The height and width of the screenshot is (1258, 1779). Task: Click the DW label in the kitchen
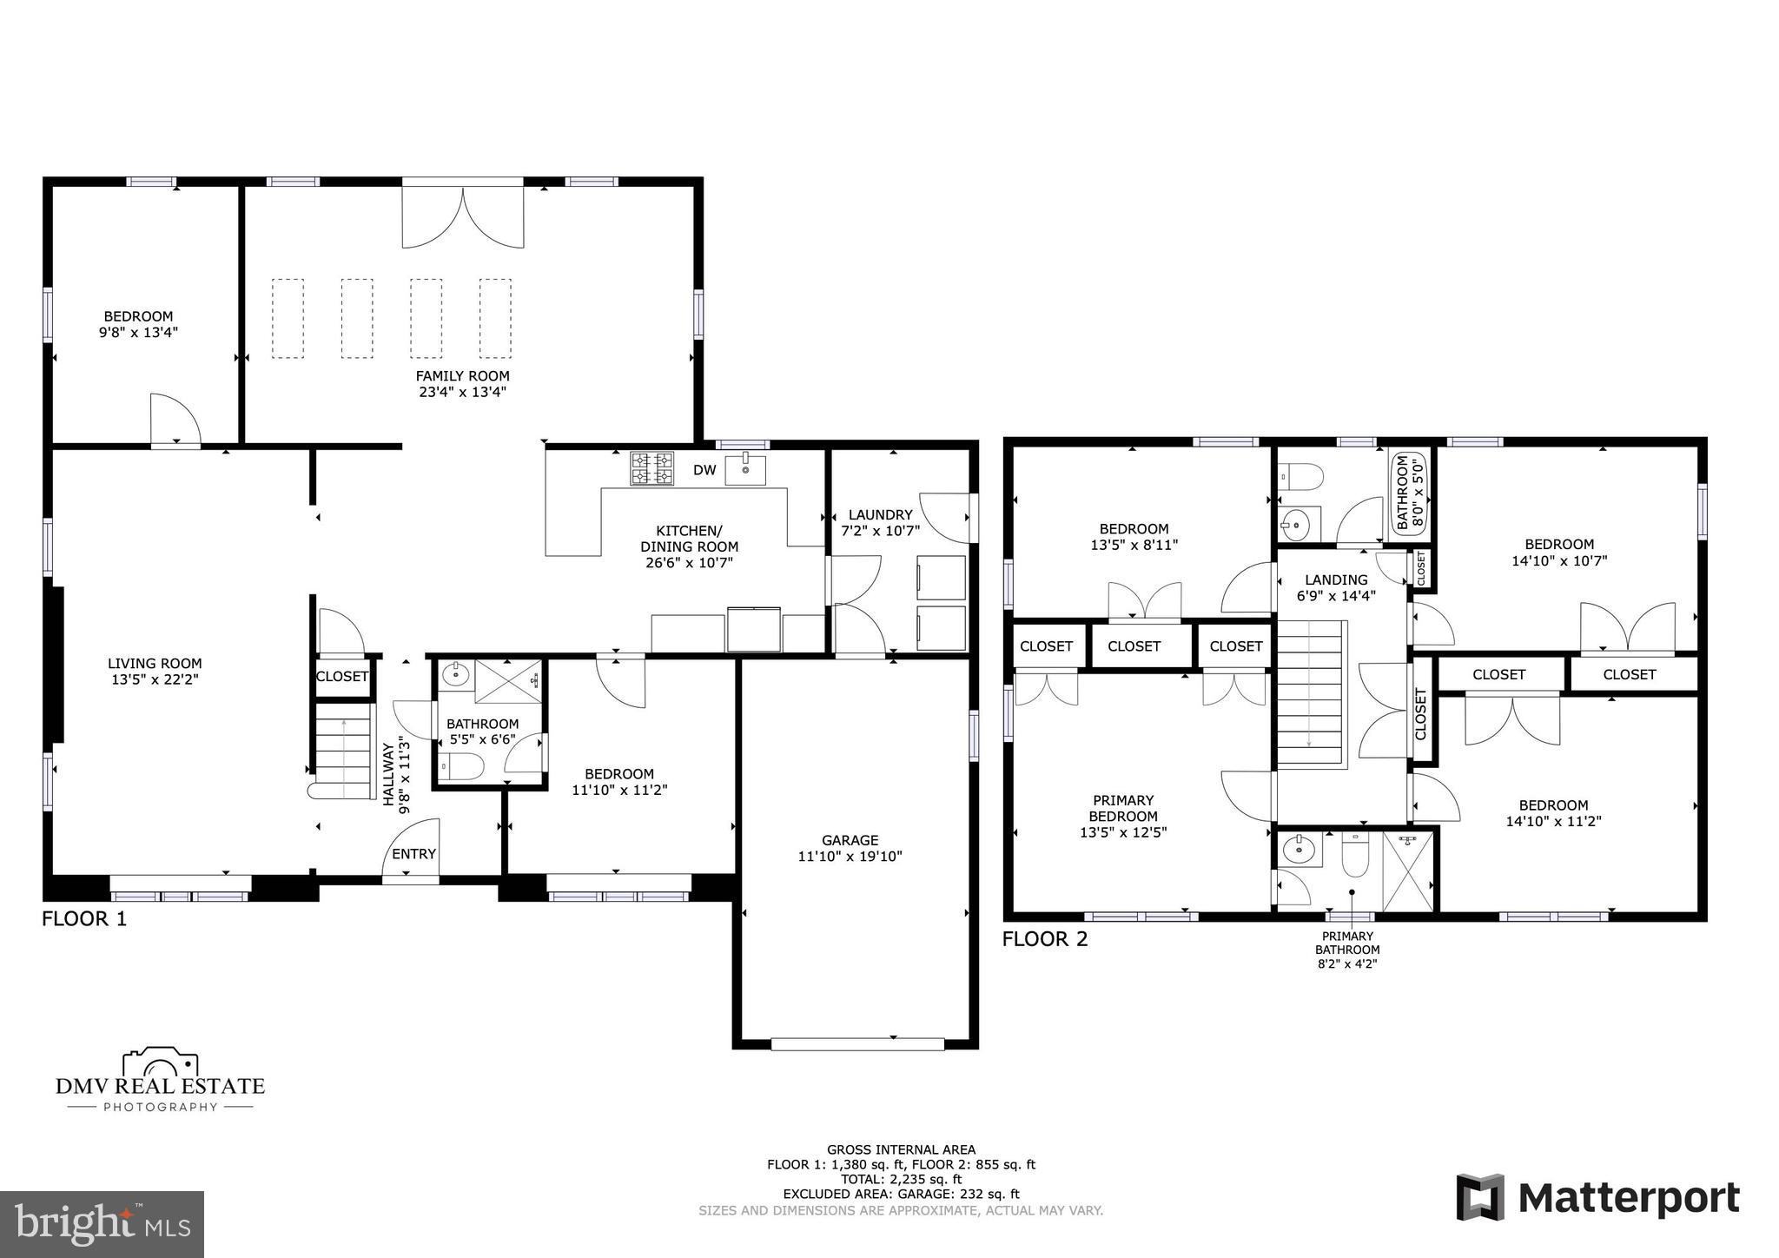(704, 470)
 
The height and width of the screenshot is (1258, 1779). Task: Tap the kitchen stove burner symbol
(651, 469)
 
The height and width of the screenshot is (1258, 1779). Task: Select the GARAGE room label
(850, 840)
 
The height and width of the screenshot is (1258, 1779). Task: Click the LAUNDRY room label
(880, 514)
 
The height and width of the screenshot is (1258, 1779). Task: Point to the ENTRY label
(413, 854)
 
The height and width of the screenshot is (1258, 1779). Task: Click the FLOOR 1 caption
(84, 919)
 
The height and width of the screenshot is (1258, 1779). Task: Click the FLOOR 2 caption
(1044, 939)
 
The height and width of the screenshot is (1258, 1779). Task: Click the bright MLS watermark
(102, 1224)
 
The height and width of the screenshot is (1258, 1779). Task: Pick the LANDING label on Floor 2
(1336, 579)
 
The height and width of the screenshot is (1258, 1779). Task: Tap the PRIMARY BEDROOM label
(1123, 808)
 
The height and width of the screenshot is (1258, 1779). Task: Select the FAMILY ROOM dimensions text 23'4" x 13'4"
(462, 392)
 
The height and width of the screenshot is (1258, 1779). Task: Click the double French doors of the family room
(463, 217)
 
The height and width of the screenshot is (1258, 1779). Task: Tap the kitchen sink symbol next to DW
(746, 468)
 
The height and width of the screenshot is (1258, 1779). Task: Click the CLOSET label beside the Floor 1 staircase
(342, 677)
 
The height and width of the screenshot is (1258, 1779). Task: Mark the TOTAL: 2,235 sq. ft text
(901, 1179)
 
